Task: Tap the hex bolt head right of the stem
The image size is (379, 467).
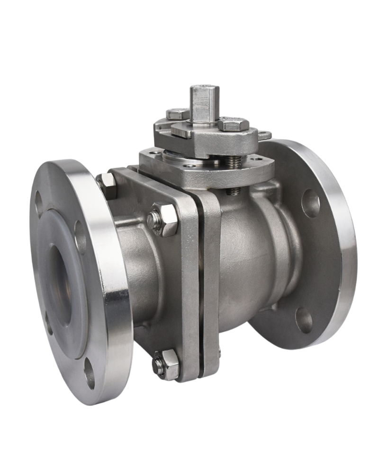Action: (x=234, y=125)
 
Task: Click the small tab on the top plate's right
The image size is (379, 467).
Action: (x=265, y=136)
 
